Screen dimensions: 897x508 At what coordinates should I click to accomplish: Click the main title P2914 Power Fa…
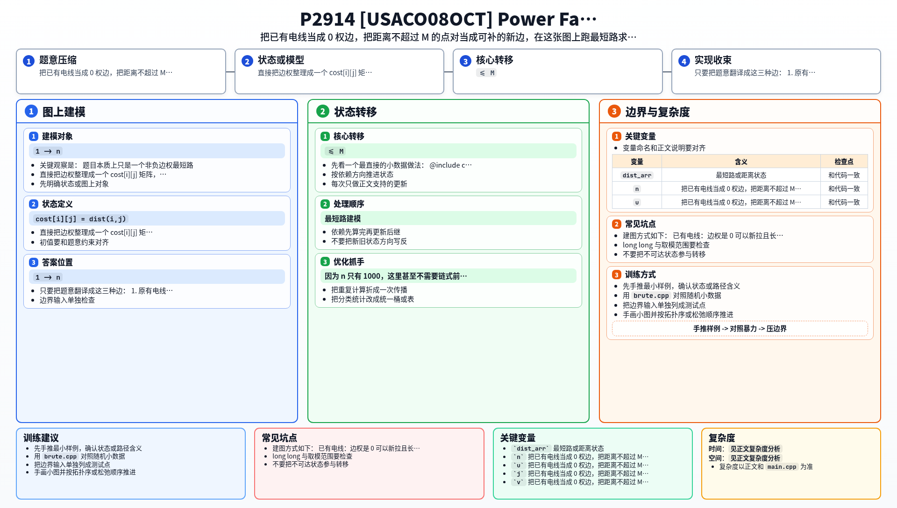tap(448, 19)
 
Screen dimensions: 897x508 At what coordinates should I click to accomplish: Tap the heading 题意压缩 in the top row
tap(58, 60)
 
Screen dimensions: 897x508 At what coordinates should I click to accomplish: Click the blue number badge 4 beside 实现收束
tap(684, 61)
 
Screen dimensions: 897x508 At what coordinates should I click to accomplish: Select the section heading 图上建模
tap(64, 112)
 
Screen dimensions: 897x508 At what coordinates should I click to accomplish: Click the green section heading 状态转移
tap(356, 112)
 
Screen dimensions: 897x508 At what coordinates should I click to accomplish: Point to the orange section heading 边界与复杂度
tap(658, 112)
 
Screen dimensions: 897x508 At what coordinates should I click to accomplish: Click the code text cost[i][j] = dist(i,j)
tap(81, 219)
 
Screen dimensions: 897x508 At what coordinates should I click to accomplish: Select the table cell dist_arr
tap(637, 176)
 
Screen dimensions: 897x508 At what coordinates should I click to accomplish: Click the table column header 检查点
tap(844, 162)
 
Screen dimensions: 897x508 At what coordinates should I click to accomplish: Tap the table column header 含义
tap(741, 162)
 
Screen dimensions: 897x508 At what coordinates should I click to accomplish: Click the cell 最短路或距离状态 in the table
tap(741, 176)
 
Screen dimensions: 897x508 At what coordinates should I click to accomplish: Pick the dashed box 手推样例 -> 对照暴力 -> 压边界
tap(740, 329)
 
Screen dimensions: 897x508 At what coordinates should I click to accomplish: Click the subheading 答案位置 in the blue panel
tap(57, 262)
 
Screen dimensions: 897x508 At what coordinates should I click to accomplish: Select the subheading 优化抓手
tap(349, 262)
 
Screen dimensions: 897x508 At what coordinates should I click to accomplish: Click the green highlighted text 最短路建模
tap(343, 219)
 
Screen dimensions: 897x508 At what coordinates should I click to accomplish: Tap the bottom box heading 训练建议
tap(41, 438)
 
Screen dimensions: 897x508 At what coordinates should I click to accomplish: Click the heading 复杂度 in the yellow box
tap(722, 438)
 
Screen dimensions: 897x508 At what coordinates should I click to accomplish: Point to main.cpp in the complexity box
tap(782, 467)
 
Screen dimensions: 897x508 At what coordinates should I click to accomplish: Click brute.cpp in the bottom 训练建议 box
tap(60, 457)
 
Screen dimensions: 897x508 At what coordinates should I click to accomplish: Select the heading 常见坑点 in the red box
tap(279, 438)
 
